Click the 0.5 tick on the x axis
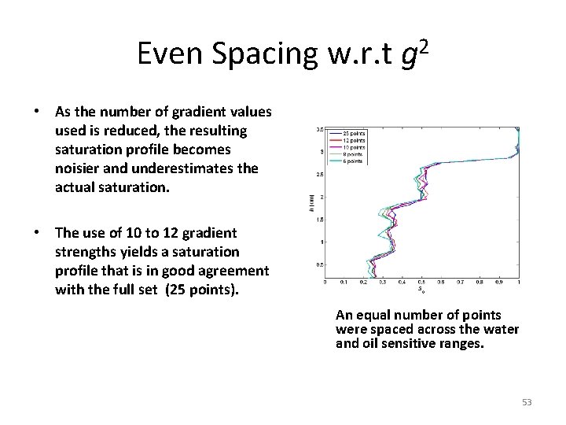coord(421,281)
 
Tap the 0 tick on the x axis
coord(325,281)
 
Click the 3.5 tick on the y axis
coord(319,128)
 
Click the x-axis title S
coord(421,289)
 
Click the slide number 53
coord(527,402)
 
